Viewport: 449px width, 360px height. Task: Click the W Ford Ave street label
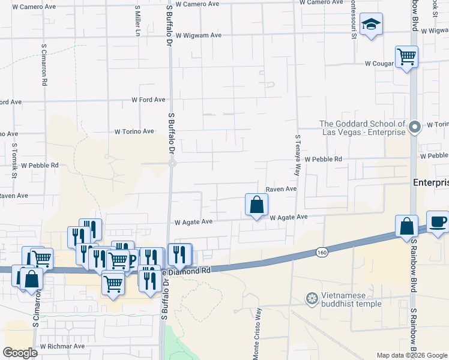(148, 100)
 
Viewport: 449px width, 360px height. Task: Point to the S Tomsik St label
(14, 161)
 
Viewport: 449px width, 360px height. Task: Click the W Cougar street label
(378, 63)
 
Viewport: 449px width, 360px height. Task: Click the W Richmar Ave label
(62, 346)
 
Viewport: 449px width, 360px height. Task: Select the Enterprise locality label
(431, 182)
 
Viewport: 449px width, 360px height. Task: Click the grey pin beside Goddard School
(414, 127)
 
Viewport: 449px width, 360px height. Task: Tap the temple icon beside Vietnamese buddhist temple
(312, 298)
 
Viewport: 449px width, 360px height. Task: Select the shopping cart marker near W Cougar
(407, 57)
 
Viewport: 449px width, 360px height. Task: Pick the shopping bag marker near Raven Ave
(256, 205)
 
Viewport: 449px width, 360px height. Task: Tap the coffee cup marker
(438, 221)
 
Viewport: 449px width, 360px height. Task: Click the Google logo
(20, 353)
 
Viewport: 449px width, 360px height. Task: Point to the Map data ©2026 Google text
(412, 355)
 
